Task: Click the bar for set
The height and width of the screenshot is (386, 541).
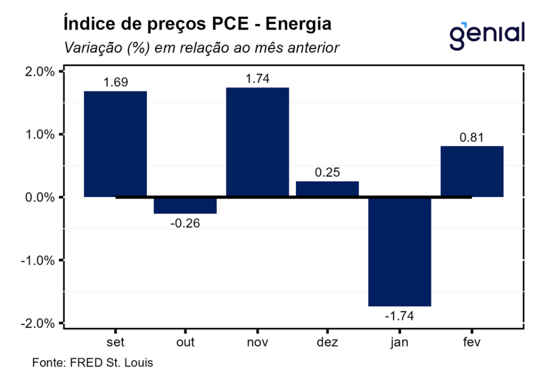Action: [116, 144]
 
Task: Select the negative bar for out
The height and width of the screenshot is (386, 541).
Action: [185, 205]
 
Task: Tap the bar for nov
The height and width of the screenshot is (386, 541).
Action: [257, 142]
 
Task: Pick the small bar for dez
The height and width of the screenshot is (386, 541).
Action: [327, 189]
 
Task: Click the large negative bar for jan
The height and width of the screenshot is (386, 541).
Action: [399, 251]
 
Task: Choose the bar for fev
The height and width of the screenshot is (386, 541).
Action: [472, 171]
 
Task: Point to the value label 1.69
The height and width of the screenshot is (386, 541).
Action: [116, 82]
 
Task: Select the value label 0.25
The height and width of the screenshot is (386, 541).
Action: [328, 173]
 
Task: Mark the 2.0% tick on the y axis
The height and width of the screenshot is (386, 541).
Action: [40, 72]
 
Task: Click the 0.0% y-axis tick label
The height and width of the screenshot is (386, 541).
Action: [40, 197]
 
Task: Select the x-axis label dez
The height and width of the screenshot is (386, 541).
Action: [328, 342]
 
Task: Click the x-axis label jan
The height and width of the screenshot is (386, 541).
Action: [399, 343]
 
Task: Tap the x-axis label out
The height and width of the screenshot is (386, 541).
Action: [185, 342]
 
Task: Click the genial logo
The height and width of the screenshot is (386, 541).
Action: [487, 33]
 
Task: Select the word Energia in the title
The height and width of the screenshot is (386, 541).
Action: [299, 24]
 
